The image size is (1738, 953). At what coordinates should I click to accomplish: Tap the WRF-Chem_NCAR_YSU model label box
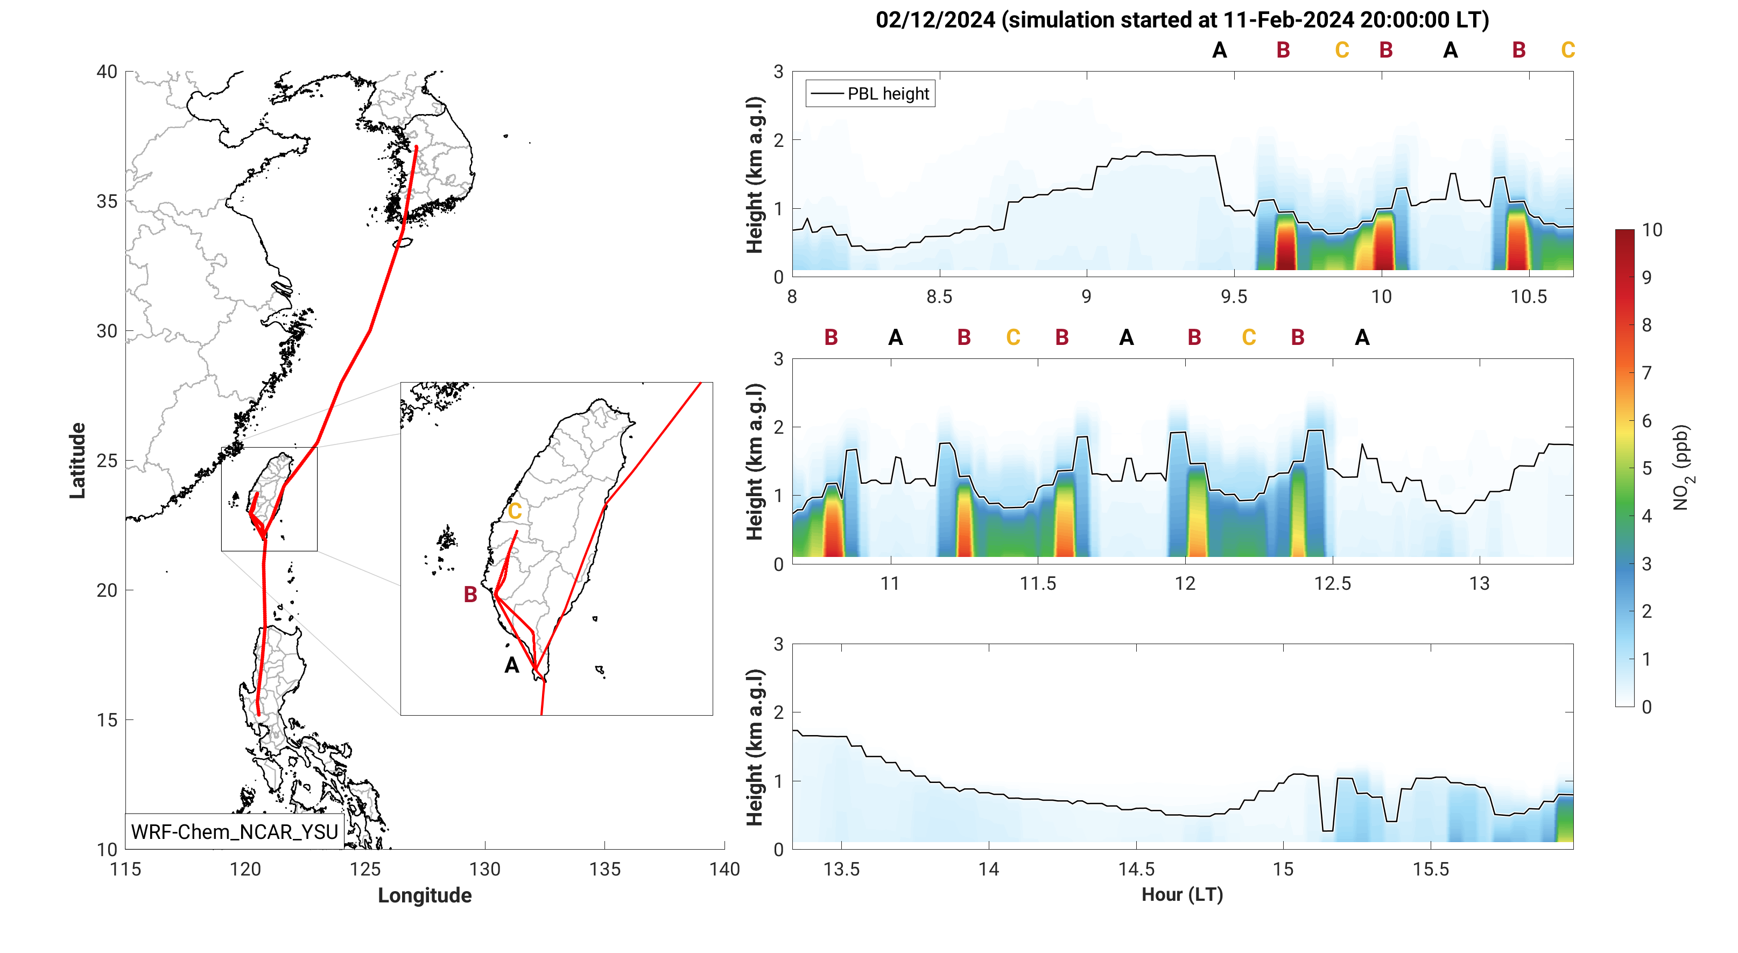pyautogui.click(x=234, y=831)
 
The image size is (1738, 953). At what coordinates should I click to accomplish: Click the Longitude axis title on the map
pyautogui.click(x=424, y=895)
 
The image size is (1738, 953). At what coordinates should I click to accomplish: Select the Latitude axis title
pyautogui.click(x=78, y=461)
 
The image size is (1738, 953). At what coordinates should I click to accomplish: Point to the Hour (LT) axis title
pyautogui.click(x=1182, y=894)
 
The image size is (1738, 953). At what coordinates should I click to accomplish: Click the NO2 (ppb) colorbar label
pyautogui.click(x=1681, y=468)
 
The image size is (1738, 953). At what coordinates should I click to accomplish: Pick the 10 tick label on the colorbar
pyautogui.click(x=1652, y=230)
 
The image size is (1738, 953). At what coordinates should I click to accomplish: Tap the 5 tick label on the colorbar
pyautogui.click(x=1647, y=468)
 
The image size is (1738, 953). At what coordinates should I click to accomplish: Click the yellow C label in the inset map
pyautogui.click(x=515, y=511)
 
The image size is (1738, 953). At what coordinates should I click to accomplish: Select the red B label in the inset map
pyautogui.click(x=470, y=594)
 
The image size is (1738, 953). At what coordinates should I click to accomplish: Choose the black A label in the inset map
pyautogui.click(x=512, y=666)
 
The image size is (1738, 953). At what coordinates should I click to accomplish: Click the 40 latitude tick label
pyautogui.click(x=107, y=72)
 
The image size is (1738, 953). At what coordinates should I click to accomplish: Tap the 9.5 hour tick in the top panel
pyautogui.click(x=1234, y=297)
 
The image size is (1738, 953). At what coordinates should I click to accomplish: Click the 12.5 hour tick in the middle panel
pyautogui.click(x=1333, y=583)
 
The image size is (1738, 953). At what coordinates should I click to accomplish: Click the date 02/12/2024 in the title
pyautogui.click(x=935, y=20)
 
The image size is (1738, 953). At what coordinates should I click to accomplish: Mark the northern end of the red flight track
pyautogui.click(x=416, y=146)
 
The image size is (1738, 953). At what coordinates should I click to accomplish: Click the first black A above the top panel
pyautogui.click(x=1219, y=51)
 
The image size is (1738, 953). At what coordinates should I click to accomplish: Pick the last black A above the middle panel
pyautogui.click(x=1362, y=337)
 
